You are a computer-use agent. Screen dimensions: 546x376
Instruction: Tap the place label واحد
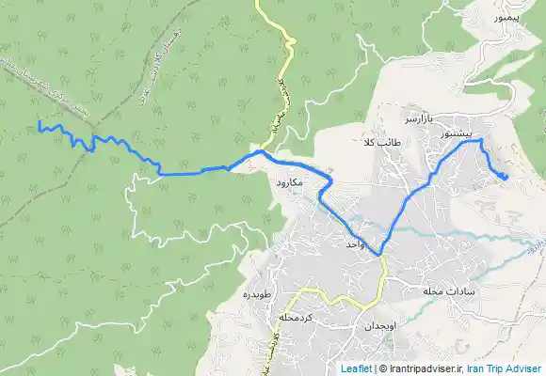point(355,243)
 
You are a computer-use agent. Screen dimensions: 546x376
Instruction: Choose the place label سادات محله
point(446,290)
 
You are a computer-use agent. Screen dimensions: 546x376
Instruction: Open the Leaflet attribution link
point(356,368)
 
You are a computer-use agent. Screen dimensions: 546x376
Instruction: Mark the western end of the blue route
point(39,126)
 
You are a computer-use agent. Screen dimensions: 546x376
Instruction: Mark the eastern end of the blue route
point(506,176)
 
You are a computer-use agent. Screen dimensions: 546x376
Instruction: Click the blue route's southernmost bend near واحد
point(380,255)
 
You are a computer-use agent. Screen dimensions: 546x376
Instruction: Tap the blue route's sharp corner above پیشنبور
point(480,140)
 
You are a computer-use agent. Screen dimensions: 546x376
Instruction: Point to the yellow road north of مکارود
point(282,56)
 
